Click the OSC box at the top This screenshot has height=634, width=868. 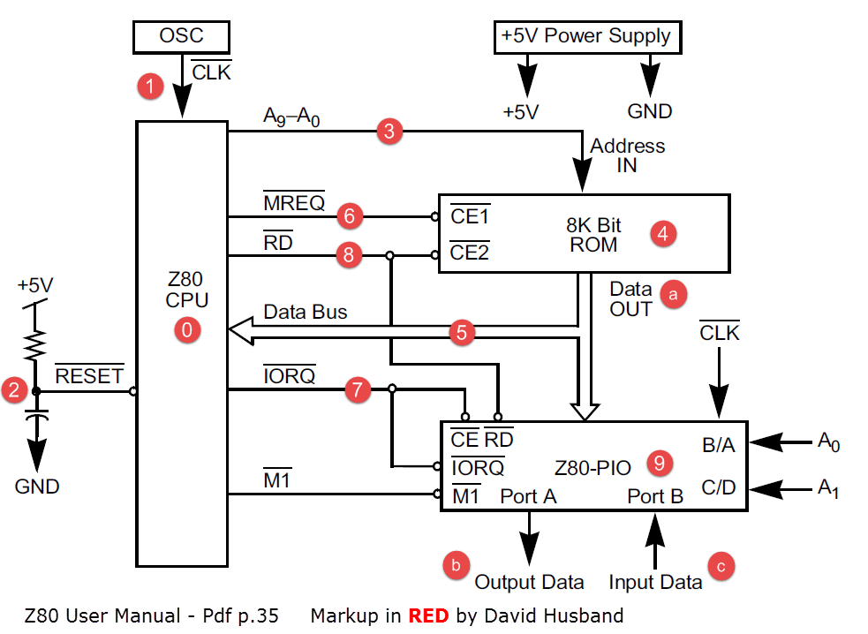(181, 36)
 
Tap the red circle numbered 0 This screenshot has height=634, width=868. (188, 330)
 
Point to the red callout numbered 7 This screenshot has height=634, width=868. (358, 390)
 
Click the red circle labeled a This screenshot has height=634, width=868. (674, 294)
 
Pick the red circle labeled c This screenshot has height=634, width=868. (721, 566)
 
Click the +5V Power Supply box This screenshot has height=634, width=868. (587, 37)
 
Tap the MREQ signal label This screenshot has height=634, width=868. (294, 204)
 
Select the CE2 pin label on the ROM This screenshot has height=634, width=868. (470, 253)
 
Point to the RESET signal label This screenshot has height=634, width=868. (89, 376)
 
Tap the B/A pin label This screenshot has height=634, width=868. (718, 445)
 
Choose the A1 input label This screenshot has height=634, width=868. (827, 488)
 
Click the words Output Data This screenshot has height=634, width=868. (530, 582)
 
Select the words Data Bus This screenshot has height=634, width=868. (306, 312)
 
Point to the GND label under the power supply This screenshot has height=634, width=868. (650, 111)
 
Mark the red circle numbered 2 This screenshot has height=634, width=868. (14, 389)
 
